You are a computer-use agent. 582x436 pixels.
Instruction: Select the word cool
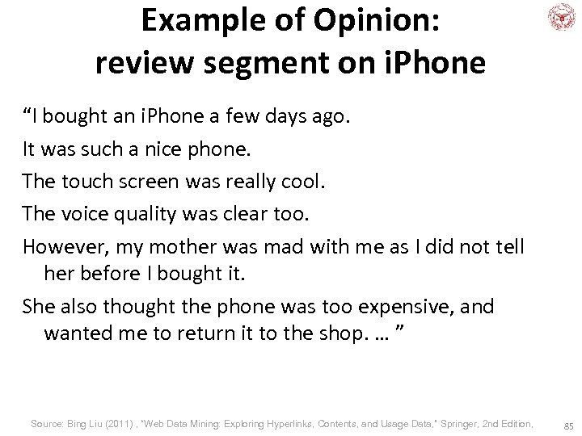pyautogui.click(x=301, y=180)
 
